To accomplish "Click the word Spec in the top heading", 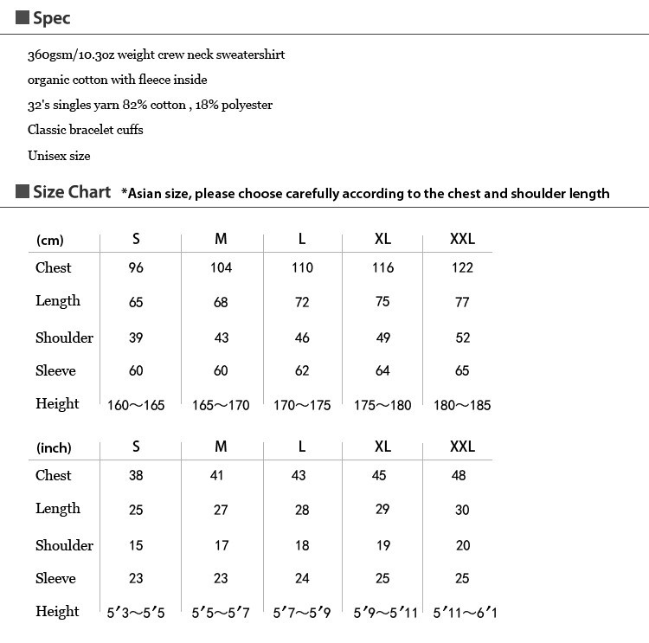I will tap(52, 18).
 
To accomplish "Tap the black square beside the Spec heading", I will tap(22, 18).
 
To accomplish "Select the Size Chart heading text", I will tap(72, 192).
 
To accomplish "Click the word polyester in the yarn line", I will tap(244, 105).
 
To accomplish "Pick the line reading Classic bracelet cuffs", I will tap(85, 130).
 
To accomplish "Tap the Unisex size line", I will tap(59, 156).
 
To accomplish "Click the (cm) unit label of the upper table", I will tap(50, 241).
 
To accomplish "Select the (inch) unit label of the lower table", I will tap(54, 448).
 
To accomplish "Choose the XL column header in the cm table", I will tap(382, 240).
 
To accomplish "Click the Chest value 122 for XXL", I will tap(462, 267).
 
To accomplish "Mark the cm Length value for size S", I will tap(136, 303).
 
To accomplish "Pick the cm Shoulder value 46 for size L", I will tap(302, 338).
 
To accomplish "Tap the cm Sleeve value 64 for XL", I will tap(382, 370).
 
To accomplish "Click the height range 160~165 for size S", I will tap(136, 405).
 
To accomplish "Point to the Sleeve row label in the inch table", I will tap(55, 578).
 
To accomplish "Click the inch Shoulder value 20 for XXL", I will tap(462, 545).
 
